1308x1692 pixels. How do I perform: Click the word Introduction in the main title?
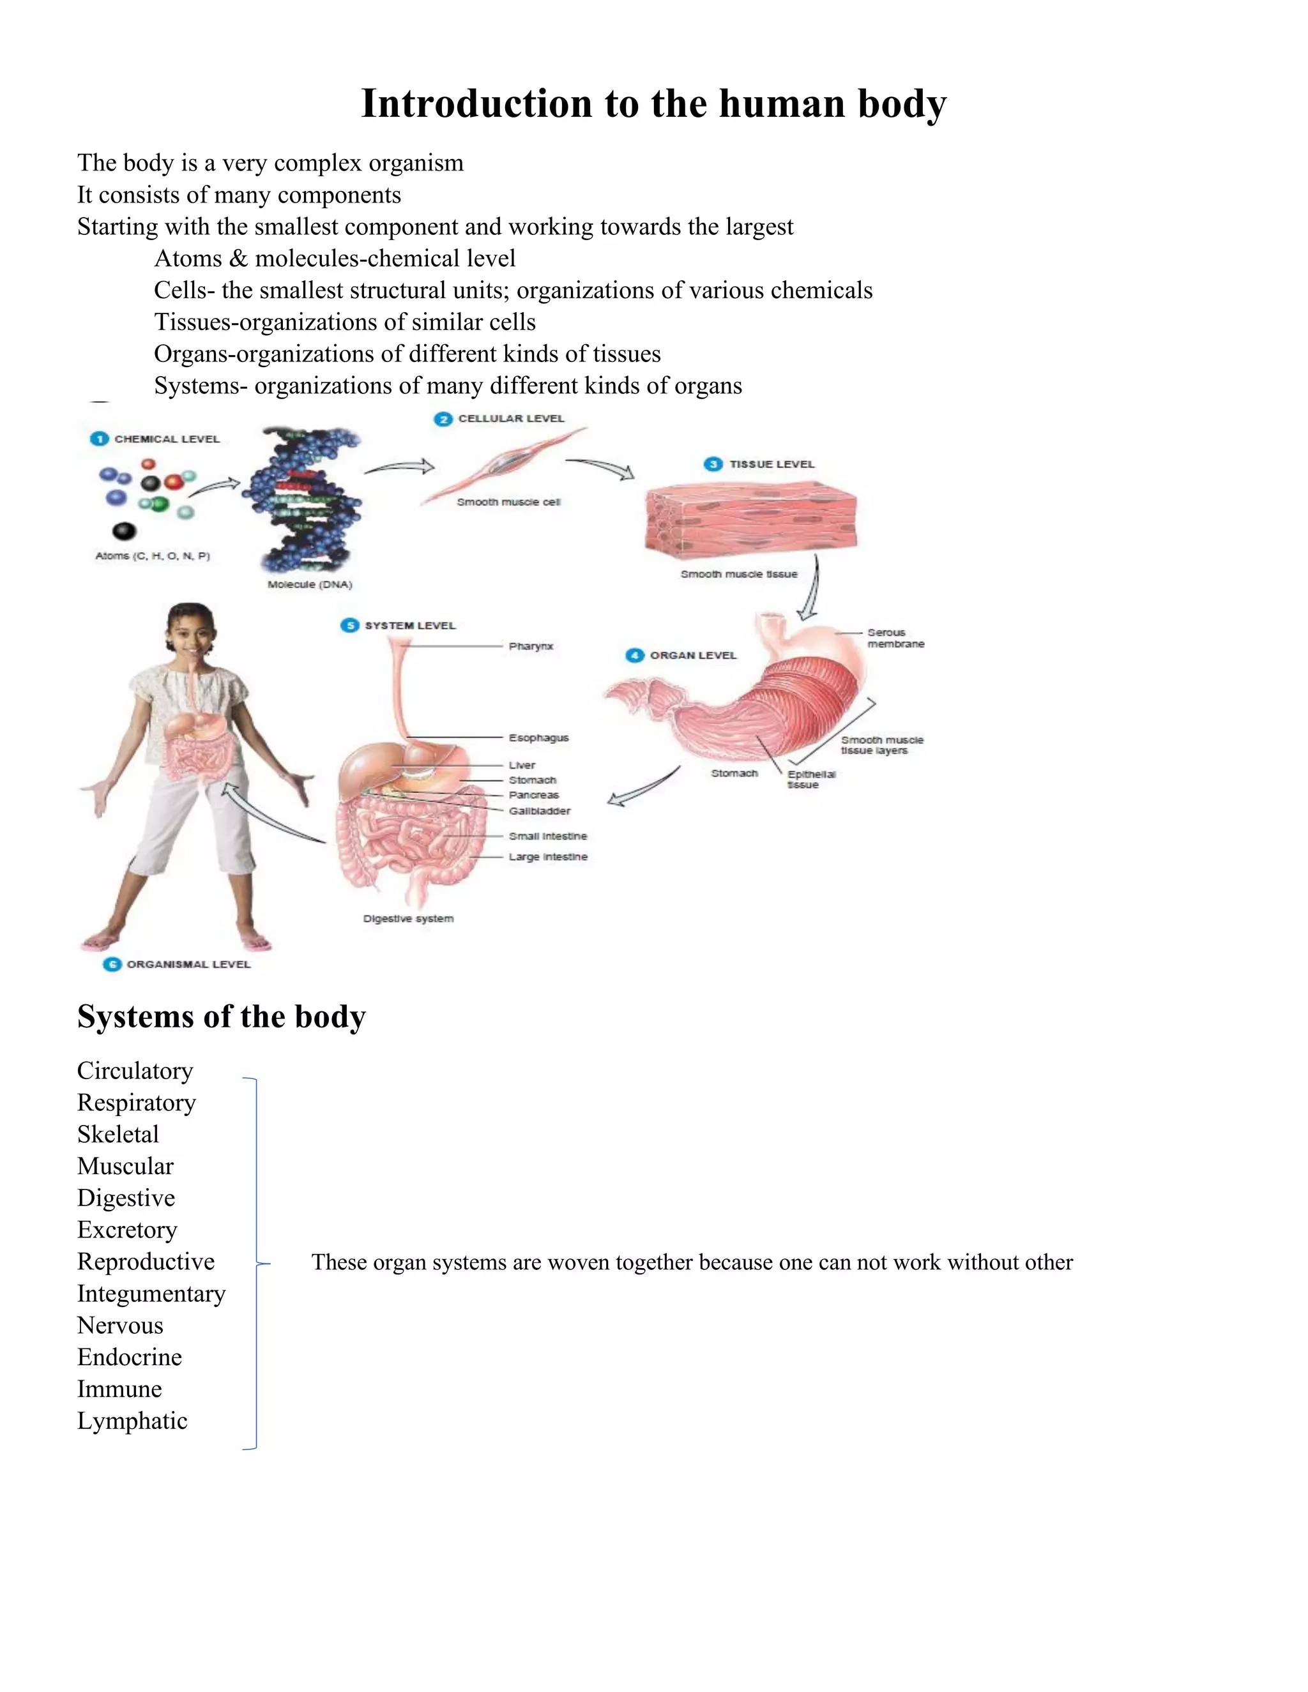tap(476, 104)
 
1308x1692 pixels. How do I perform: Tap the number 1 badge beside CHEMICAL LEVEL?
tap(99, 439)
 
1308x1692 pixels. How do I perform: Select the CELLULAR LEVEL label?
tap(511, 418)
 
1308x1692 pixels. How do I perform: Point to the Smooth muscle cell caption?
tap(508, 502)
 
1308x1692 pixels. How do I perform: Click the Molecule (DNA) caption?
tap(310, 584)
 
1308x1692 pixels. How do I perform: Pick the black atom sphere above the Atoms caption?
tap(124, 531)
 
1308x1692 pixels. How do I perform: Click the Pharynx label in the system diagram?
tap(531, 646)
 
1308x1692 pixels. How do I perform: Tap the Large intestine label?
tap(548, 857)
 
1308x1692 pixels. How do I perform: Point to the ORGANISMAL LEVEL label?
tap(188, 965)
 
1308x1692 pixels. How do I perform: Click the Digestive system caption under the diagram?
tap(408, 919)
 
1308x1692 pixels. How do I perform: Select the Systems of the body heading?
tap(222, 1016)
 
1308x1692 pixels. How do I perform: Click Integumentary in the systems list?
tap(151, 1294)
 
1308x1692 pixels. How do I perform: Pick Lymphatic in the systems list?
tap(132, 1421)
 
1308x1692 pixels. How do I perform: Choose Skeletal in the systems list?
tap(118, 1134)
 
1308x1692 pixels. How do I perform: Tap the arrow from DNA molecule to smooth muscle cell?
tap(399, 467)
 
